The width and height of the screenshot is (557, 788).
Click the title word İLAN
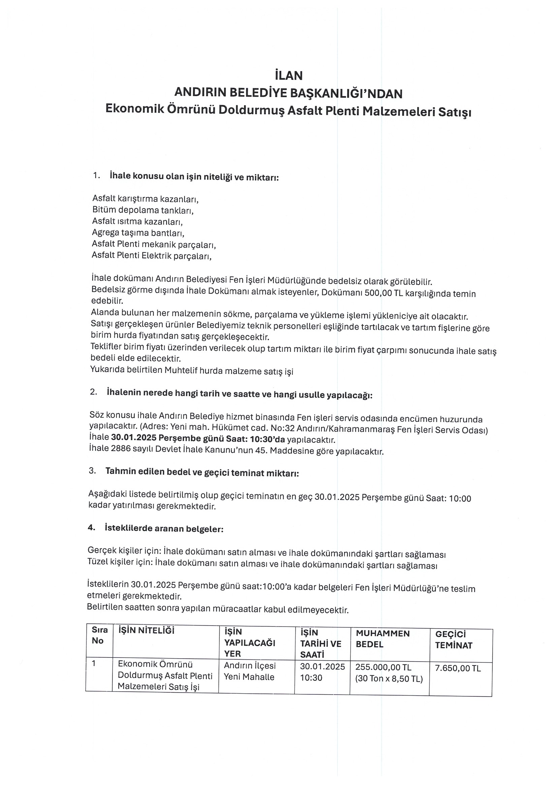289,75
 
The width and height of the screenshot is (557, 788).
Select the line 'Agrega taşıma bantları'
138,233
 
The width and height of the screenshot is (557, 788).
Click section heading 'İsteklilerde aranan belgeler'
164,528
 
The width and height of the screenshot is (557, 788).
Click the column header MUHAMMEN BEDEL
382,639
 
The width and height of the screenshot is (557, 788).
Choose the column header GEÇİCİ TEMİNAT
453,640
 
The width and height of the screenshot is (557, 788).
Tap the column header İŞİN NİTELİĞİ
146,630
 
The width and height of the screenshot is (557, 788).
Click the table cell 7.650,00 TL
458,668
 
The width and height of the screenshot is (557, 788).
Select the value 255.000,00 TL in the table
383,667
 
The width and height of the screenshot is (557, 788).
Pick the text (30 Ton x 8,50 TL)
389,678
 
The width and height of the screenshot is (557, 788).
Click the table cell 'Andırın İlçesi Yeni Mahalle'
249,671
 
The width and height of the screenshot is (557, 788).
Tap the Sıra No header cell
99,635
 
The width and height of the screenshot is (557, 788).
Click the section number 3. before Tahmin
92,471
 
